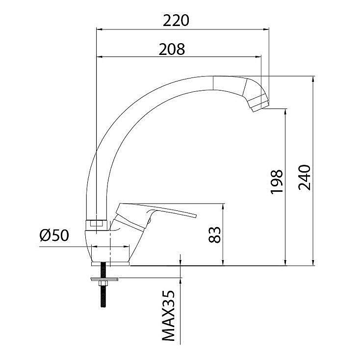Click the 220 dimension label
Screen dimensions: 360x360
click(x=176, y=21)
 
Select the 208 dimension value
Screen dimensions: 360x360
click(x=172, y=49)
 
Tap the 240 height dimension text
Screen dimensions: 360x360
click(x=304, y=177)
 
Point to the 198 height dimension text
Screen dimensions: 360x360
click(x=277, y=182)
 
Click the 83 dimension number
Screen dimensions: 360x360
click(x=214, y=234)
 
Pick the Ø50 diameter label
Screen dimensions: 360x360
click(x=54, y=235)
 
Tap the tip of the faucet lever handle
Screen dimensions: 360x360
click(x=196, y=216)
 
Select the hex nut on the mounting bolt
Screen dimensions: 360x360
click(x=103, y=283)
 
